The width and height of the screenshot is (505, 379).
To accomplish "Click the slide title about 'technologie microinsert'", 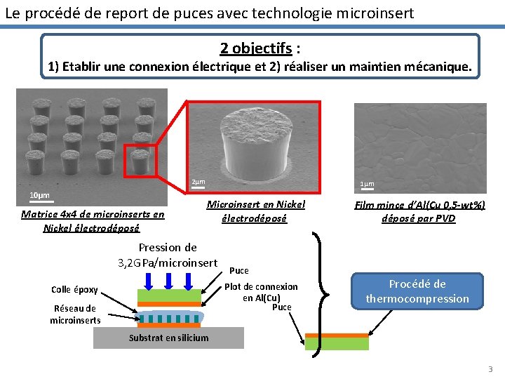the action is (209, 13).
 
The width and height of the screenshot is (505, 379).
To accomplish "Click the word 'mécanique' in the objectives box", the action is (431, 67).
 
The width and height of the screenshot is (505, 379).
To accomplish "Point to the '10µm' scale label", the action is (39, 194).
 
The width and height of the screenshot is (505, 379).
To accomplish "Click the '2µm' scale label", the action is (198, 183).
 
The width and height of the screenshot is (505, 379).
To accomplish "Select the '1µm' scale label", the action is (367, 185).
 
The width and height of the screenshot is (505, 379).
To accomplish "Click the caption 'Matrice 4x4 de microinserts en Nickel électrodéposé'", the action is (93, 221).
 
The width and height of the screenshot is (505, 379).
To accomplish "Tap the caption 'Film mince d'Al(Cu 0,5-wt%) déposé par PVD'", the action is (419, 211).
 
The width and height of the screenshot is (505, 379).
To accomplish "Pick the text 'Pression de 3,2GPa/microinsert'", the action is (168, 255).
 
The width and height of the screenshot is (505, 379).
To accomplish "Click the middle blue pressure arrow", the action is (169, 279).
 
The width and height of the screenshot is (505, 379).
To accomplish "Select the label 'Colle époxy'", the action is (74, 290).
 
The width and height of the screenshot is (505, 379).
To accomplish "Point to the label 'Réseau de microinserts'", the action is (74, 314).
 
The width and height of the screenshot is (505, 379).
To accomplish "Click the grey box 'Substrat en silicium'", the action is (168, 338).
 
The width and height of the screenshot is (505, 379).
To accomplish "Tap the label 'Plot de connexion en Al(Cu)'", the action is (261, 292).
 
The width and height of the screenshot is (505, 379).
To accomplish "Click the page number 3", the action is (490, 369).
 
